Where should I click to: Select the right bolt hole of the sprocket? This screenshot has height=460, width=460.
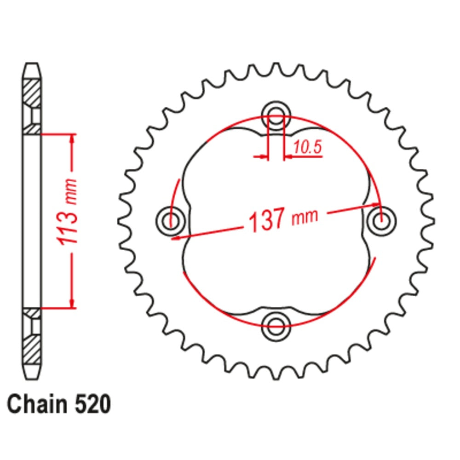(x=380, y=220)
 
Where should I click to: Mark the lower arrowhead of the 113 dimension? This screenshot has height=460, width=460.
(x=72, y=303)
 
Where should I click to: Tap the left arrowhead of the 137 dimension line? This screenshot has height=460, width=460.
(x=176, y=237)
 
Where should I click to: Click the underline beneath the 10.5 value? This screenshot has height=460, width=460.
(x=304, y=157)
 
